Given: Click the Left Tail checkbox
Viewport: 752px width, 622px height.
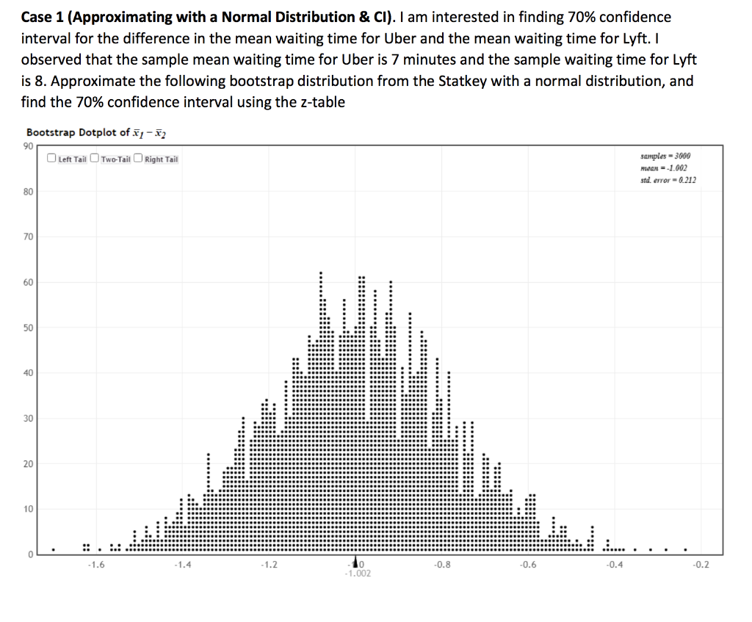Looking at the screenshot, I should coord(51,159).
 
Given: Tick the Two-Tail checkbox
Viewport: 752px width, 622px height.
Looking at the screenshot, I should coord(94,159).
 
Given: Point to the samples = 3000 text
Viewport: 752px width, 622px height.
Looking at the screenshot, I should coord(665,156).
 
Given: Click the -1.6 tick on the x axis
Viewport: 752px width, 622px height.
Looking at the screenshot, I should coord(95,565).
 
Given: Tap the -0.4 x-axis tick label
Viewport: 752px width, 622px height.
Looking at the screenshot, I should coord(613,565).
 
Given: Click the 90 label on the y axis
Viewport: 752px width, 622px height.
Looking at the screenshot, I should coord(30,146).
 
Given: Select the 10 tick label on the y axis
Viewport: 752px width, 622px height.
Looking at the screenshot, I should coord(30,509).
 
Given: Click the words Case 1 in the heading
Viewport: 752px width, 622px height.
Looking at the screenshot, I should coord(45,16).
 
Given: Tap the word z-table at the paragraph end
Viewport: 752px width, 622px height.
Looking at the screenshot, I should coord(319,102).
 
